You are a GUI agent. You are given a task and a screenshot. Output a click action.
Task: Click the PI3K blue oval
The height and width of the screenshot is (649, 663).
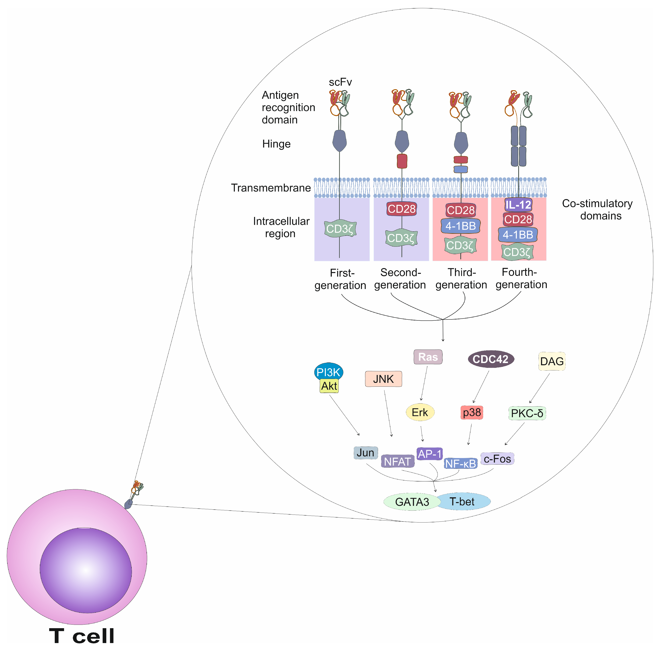[x=328, y=372]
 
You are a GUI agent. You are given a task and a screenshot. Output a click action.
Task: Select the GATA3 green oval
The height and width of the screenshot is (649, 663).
[x=412, y=502]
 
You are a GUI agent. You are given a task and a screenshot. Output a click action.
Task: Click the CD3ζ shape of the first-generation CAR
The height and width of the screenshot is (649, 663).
[x=340, y=228]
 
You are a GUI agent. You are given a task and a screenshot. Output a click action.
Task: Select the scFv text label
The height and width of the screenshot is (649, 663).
[x=340, y=82]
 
